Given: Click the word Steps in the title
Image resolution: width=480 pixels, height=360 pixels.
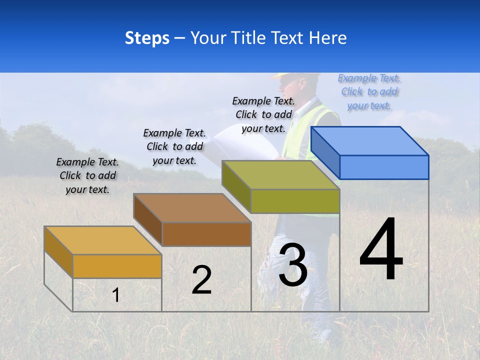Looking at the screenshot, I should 147,38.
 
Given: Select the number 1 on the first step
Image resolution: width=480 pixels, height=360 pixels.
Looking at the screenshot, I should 115,295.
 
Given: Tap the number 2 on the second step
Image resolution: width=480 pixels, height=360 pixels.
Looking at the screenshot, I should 201,280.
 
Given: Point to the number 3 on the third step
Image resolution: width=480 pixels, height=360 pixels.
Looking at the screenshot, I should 293,265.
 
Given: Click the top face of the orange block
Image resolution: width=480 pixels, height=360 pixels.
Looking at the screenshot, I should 103,240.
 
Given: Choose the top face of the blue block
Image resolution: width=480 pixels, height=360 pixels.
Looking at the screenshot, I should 370,141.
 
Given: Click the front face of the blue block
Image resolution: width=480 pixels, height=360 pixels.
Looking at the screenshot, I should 384,167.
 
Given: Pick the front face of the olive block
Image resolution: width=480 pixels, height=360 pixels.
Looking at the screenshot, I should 295,201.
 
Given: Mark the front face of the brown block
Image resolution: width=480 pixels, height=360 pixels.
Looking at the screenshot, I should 206,234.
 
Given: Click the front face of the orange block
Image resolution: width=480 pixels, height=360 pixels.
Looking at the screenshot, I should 117,266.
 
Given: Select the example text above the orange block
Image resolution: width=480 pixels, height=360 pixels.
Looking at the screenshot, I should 87,175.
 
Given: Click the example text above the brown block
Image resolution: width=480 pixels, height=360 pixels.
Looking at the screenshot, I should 174,146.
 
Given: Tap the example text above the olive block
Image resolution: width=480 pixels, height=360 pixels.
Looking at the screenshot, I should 263,114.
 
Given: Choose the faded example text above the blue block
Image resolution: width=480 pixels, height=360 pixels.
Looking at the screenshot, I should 369,91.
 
